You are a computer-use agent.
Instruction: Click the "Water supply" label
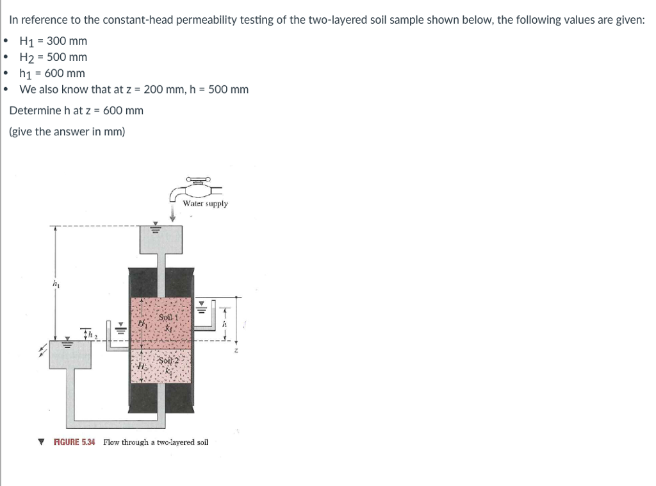205,203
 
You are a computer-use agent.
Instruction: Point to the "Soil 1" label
167,317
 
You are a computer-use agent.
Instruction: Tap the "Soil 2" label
167,361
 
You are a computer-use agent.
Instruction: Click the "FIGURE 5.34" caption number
74,442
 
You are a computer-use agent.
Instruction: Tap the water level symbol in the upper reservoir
154,227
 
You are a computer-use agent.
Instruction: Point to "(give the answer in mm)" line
67,131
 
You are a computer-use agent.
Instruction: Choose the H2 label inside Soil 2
142,365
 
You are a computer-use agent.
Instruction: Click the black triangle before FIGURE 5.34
42,442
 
